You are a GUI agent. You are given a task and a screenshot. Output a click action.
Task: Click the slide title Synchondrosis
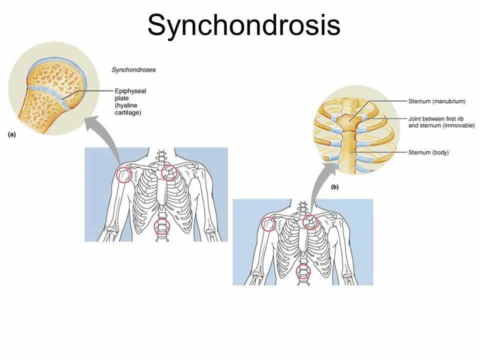coord(243,25)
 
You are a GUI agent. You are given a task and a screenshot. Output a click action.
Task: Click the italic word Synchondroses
coord(133,70)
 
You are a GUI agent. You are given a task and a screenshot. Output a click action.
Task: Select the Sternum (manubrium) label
coord(436,101)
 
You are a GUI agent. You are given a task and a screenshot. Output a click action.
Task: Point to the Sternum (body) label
coord(428,152)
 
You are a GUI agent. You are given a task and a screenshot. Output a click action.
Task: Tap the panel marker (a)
coord(12,134)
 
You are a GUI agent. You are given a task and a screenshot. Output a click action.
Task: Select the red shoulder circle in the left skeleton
coord(123,175)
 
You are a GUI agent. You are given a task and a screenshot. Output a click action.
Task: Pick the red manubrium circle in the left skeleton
coord(169,173)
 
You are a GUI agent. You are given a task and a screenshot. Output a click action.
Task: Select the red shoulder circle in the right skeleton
coord(269,224)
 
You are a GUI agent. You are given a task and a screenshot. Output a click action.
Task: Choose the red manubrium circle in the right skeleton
coord(310,221)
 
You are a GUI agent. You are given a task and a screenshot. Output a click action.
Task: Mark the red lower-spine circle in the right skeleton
coord(303,271)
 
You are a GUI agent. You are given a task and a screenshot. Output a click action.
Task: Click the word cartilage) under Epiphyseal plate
coord(128,113)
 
